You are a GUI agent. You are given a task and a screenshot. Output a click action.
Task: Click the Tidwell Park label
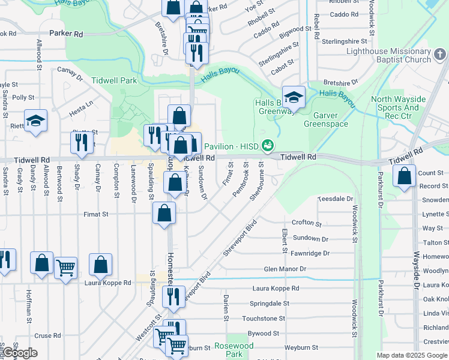click(114, 80)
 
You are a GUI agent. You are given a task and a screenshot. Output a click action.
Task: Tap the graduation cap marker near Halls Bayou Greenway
click(294, 97)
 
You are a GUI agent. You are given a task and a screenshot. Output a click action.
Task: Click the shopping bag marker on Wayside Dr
click(405, 176)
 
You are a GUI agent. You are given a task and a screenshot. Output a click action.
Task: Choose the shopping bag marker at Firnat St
click(164, 213)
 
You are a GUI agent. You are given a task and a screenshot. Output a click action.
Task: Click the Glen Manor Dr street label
click(285, 269)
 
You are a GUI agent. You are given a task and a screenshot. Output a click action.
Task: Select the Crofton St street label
click(307, 223)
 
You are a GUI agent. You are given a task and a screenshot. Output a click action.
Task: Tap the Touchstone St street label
click(263, 318)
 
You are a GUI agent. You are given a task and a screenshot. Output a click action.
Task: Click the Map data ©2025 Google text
click(412, 355)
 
